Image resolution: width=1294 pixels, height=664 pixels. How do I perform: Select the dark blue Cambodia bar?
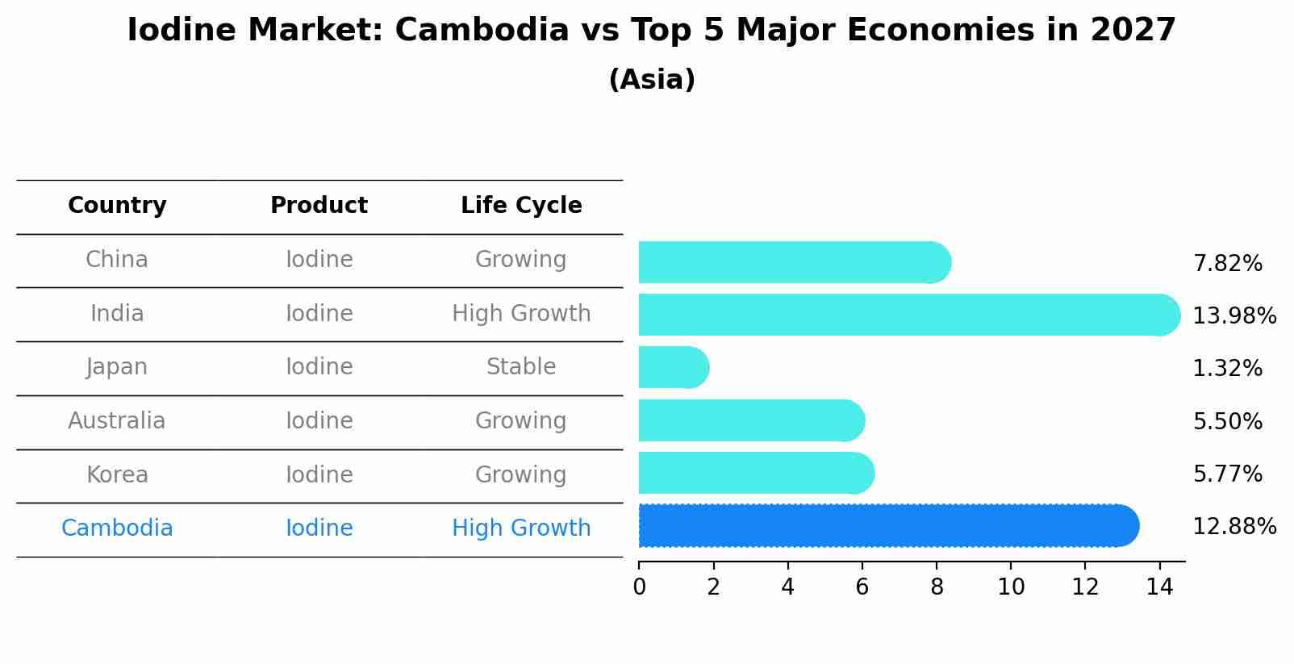887,526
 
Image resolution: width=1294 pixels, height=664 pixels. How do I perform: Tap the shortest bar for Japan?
673,368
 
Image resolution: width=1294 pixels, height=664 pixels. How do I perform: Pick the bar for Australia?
750,420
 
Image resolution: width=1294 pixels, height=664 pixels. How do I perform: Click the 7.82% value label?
1227,264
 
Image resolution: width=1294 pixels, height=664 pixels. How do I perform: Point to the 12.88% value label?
1233,527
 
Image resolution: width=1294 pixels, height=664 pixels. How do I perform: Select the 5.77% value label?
1227,474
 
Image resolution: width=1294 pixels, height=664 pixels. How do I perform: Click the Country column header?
117,206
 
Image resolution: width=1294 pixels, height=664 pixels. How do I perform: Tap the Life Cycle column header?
521,206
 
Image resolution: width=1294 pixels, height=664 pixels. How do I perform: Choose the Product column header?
319,206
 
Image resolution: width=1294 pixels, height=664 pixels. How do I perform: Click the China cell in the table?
117,260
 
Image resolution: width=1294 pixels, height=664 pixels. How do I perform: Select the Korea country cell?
117,474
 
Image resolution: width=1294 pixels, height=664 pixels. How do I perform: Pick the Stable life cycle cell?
521,367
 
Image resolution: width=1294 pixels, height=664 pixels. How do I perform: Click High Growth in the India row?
521,314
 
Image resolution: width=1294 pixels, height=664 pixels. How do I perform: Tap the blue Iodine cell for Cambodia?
319,528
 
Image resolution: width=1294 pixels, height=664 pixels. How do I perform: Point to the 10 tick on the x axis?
1011,587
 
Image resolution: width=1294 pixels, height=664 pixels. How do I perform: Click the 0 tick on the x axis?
639,587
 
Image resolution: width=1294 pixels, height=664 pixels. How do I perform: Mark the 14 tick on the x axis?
1159,587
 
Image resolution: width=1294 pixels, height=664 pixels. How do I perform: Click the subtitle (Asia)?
652,80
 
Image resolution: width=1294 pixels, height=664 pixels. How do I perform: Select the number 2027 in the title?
1133,31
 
